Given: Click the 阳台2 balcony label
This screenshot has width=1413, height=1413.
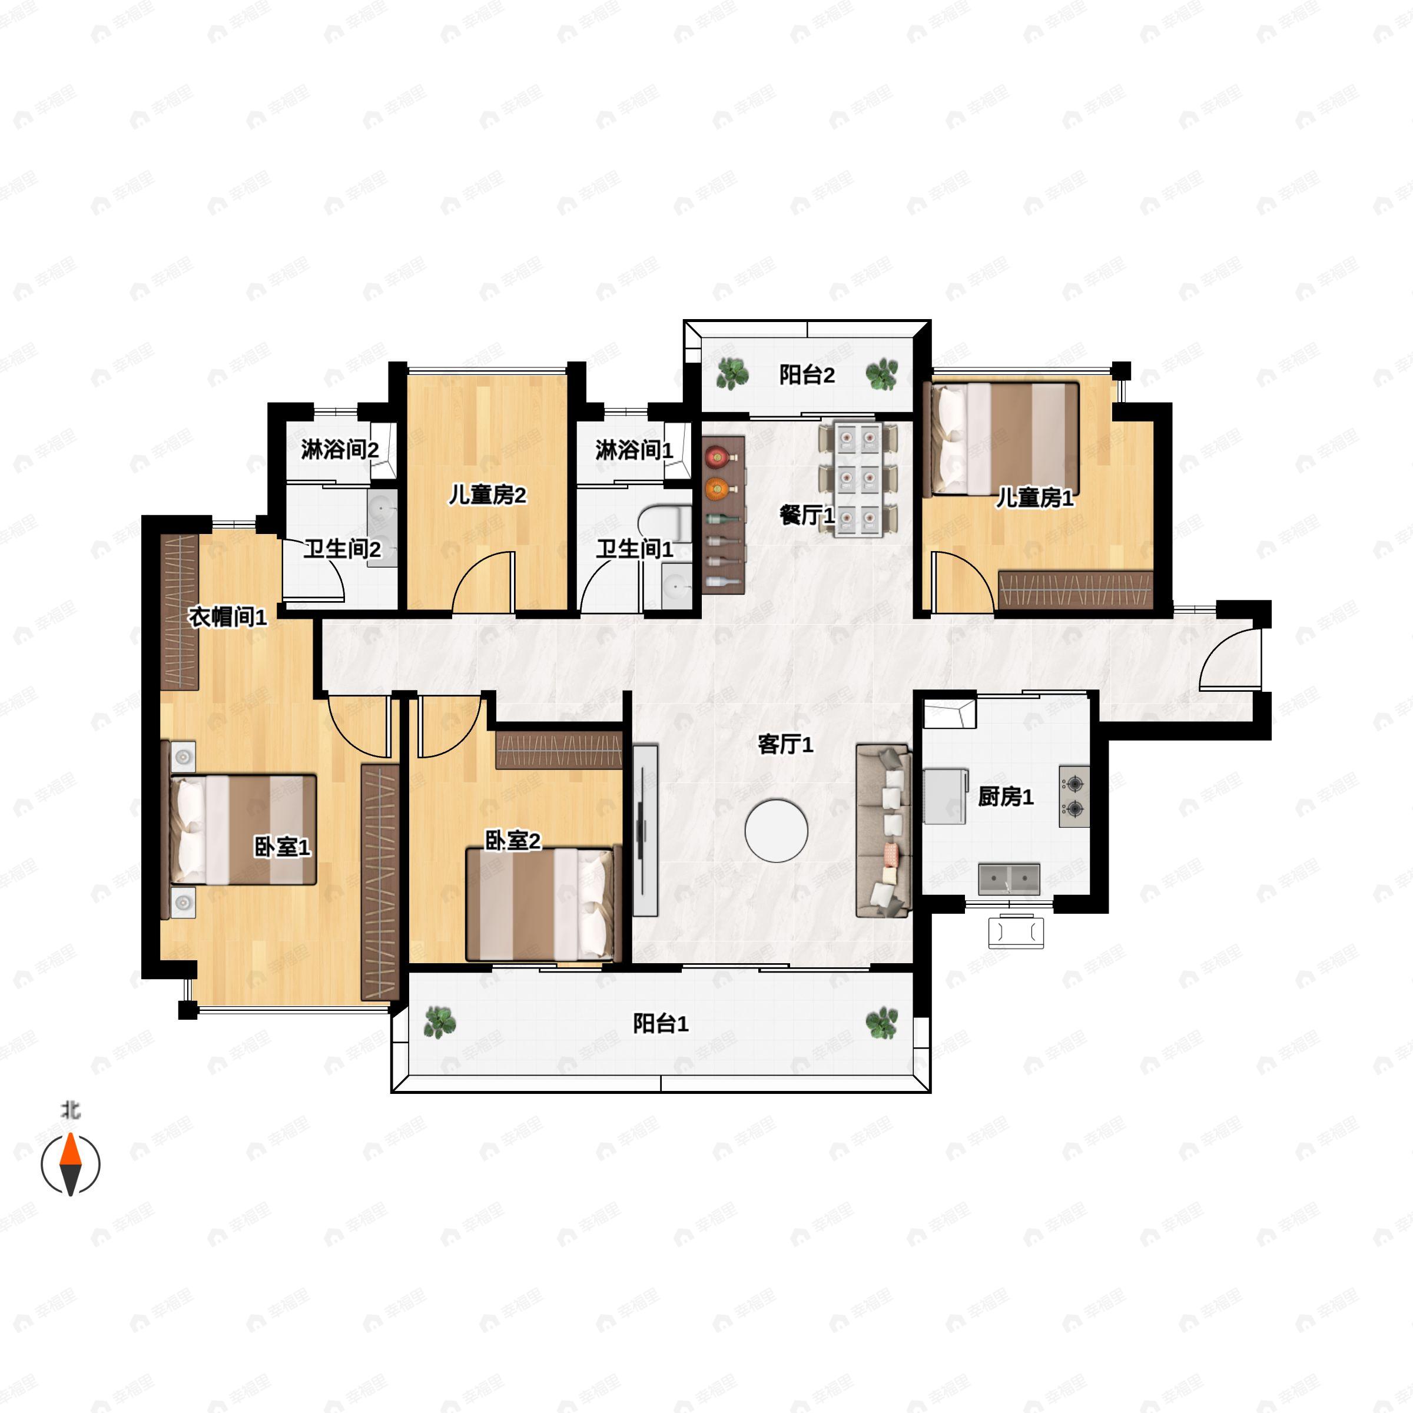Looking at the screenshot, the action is (x=807, y=375).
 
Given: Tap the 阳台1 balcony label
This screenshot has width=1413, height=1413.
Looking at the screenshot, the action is (x=661, y=1024).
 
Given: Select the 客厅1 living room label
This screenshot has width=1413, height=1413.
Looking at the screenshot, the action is (x=785, y=745).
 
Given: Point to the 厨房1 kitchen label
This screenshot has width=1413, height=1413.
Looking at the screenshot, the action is (x=1006, y=797).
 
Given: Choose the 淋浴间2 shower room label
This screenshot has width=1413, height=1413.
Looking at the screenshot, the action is (x=340, y=449).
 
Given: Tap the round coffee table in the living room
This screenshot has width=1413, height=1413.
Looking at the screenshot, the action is (x=777, y=831).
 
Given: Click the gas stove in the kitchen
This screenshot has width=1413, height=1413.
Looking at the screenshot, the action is (x=1074, y=797).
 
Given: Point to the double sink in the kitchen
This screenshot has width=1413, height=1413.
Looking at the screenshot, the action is (x=1009, y=879).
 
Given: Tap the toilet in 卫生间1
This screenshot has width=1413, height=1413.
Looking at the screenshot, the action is (x=664, y=522).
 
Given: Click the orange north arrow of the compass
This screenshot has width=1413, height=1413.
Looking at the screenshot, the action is (x=70, y=1149).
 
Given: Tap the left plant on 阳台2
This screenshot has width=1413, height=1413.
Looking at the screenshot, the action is (x=731, y=373).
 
